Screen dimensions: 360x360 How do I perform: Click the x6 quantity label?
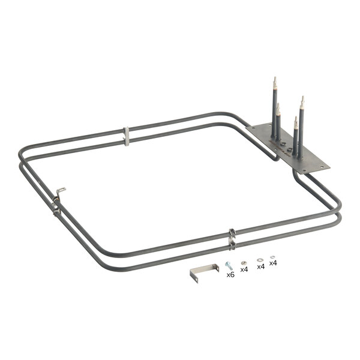[x=230, y=275]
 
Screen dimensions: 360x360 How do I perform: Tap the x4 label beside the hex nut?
[x=244, y=269]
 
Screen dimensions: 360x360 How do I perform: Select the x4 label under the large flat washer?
[x=260, y=266]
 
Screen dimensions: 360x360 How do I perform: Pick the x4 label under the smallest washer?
[x=273, y=263]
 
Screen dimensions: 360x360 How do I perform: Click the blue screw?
[x=228, y=265]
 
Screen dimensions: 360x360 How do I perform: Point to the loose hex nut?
[x=242, y=262]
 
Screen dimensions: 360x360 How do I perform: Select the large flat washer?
[x=259, y=259]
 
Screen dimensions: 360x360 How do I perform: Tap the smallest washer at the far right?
[x=272, y=256]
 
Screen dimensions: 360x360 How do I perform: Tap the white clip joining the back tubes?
[x=127, y=136]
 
